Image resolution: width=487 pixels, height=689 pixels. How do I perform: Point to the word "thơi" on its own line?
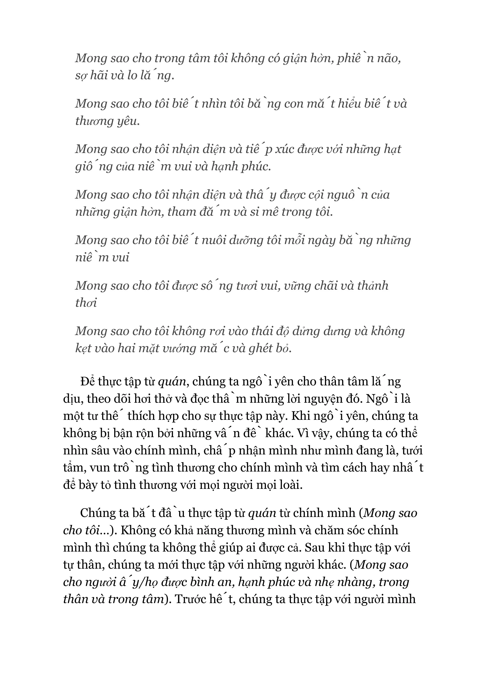[86, 303]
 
